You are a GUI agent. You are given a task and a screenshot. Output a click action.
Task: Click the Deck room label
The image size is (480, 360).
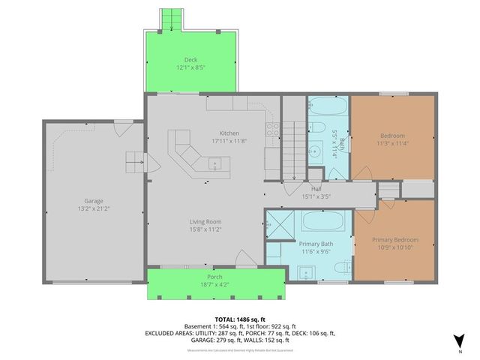click(190, 60)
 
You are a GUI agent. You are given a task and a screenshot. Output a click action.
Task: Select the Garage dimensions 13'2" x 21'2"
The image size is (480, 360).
click(94, 209)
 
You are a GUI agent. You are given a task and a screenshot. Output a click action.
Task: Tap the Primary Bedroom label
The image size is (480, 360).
click(395, 240)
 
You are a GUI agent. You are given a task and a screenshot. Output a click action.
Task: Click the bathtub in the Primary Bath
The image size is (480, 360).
click(322, 222)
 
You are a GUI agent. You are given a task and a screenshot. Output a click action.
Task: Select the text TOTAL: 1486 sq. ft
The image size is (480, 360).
click(240, 319)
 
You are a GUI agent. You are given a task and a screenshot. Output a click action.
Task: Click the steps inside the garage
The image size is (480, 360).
click(135, 159)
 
